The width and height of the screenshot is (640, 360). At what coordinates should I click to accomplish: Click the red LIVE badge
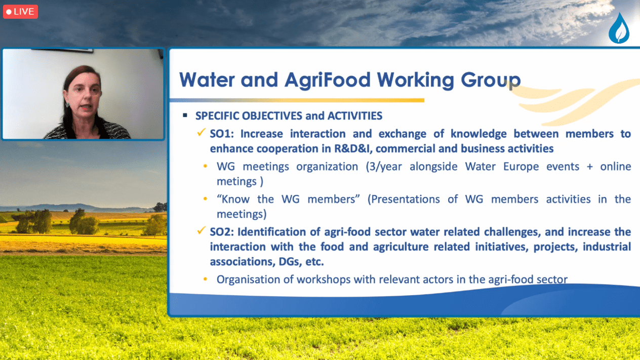tap(20, 12)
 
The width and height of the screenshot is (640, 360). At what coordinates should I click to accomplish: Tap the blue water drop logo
tap(619, 28)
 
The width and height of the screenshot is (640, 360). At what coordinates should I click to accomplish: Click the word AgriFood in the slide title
tap(328, 79)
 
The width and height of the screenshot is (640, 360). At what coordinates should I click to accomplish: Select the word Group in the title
tap(491, 80)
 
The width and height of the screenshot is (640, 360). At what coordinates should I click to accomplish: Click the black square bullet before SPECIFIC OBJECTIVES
tap(185, 115)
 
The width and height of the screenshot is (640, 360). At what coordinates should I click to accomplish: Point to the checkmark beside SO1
tap(201, 132)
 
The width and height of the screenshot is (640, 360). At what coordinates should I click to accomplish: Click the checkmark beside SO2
tap(201, 230)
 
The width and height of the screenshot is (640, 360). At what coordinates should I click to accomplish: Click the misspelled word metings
tap(236, 182)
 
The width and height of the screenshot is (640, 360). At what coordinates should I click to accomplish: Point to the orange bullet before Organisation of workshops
tap(205, 279)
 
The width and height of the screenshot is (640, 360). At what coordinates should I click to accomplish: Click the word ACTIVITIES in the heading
tap(355, 116)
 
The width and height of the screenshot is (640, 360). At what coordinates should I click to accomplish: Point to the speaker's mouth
tap(87, 107)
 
